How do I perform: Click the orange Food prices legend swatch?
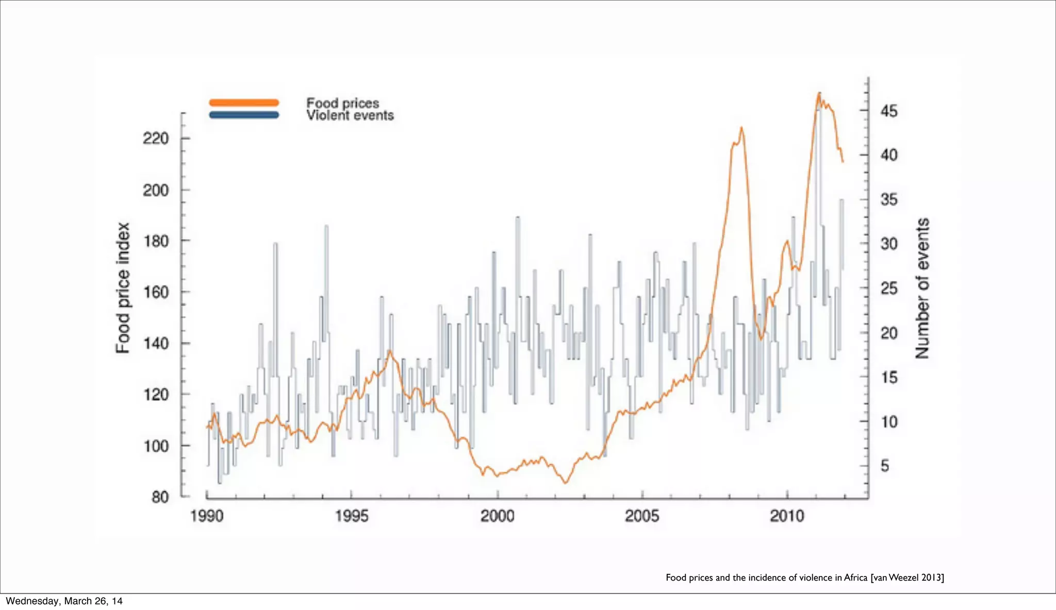pos(244,103)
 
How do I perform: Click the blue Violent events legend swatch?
pos(244,115)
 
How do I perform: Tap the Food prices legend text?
pos(342,103)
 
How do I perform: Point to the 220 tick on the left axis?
pos(156,139)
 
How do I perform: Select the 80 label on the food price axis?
pos(160,497)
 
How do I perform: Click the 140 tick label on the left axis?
pos(156,343)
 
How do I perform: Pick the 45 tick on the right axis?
pos(888,111)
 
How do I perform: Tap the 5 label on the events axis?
pos(885,466)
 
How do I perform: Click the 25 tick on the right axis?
pos(888,289)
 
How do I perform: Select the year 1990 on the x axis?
pos(207,516)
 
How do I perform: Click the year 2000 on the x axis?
pos(497,516)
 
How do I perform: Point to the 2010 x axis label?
pos(787,516)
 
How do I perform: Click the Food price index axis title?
pos(122,289)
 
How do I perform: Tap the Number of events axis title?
pos(922,289)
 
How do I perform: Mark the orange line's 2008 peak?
pos(741,128)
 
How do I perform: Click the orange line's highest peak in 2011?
pos(819,94)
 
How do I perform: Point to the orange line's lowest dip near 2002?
pos(565,483)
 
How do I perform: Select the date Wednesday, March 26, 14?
pos(64,601)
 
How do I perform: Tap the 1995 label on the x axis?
pos(352,516)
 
